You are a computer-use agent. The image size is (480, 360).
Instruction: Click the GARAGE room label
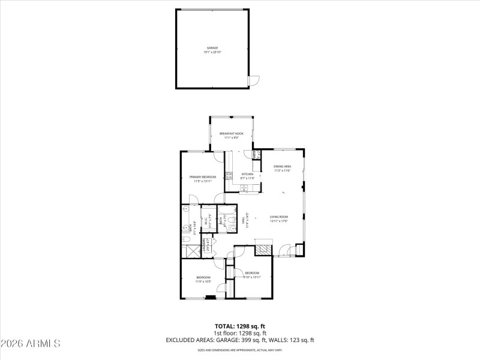click(212, 47)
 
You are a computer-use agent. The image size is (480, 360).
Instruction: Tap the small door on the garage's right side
click(254, 80)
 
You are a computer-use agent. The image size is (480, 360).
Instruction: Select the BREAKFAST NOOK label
click(231, 133)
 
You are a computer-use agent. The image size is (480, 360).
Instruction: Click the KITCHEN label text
click(248, 174)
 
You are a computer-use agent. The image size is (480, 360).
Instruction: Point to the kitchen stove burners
click(229, 176)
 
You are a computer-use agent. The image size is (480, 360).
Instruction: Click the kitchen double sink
click(244, 188)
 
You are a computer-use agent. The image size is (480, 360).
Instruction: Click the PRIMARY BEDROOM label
click(203, 177)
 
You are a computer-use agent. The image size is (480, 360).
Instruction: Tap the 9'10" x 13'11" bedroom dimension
click(252, 277)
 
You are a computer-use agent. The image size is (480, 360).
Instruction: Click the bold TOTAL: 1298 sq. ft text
click(240, 327)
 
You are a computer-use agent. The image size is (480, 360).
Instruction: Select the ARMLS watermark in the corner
click(31, 344)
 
